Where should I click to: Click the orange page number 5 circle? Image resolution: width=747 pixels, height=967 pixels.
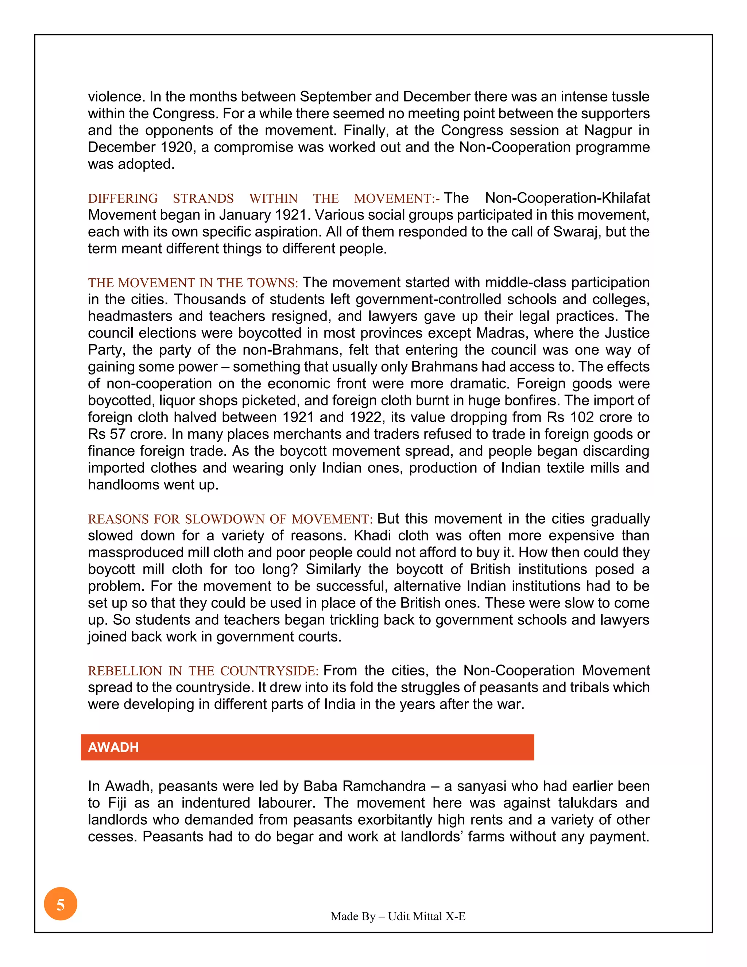(61, 904)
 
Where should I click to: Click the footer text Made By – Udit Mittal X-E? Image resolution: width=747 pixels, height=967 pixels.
(398, 916)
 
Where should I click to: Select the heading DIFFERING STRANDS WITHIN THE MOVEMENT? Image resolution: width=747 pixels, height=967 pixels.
(263, 199)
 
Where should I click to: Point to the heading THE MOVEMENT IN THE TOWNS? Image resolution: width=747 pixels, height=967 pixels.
(193, 283)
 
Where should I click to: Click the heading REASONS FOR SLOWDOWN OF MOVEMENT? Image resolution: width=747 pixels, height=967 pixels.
(230, 519)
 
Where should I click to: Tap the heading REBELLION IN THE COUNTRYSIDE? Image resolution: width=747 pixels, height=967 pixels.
(203, 671)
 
